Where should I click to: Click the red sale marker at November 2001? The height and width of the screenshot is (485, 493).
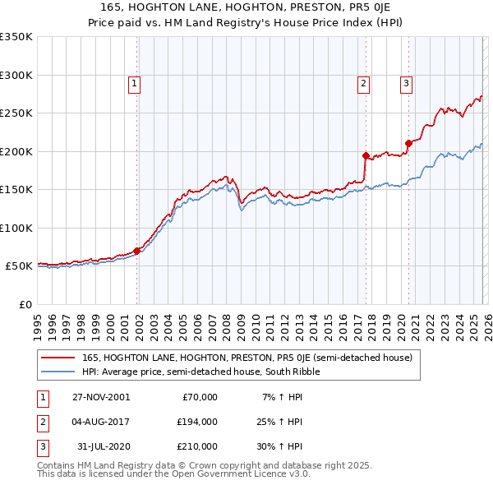(x=137, y=251)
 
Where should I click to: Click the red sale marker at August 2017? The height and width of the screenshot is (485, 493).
(x=366, y=155)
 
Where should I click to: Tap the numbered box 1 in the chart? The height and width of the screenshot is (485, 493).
(x=134, y=82)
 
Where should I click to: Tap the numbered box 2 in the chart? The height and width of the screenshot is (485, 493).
(x=362, y=82)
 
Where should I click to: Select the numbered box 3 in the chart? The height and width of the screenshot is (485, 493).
(x=406, y=82)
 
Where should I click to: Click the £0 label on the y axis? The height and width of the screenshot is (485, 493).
(x=24, y=304)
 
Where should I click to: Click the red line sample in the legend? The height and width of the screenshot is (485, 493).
(x=58, y=358)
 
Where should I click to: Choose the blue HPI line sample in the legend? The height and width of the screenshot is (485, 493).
(x=58, y=372)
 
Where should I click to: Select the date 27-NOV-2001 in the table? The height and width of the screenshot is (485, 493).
(x=100, y=397)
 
